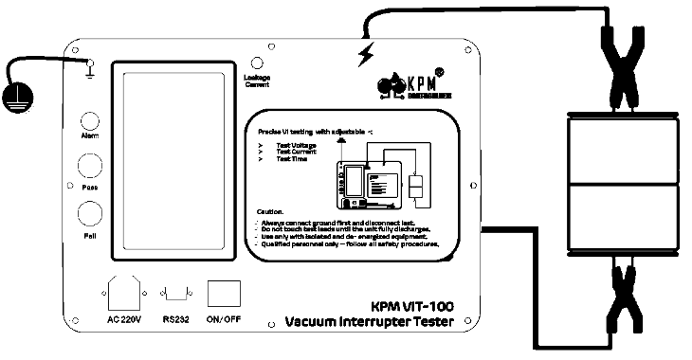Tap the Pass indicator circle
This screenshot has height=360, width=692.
click(90, 168)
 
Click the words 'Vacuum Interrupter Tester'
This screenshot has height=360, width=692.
click(370, 324)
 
